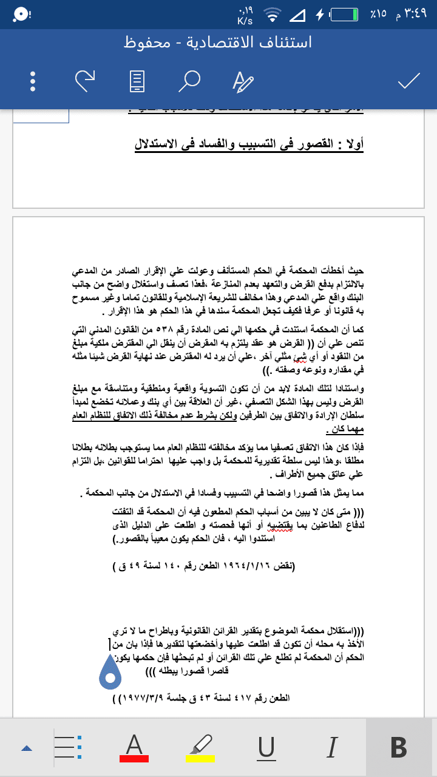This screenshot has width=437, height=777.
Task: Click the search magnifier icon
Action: pyautogui.click(x=192, y=80)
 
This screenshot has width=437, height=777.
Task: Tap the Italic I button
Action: pyautogui.click(x=331, y=747)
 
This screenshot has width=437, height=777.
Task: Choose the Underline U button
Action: pyautogui.click(x=266, y=747)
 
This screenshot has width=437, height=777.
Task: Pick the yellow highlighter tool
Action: pyautogui.click(x=200, y=747)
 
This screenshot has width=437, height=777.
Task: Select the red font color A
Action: pyautogui.click(x=134, y=747)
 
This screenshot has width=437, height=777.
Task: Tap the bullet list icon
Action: pyautogui.click(x=69, y=747)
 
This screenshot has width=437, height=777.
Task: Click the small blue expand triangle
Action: pyautogui.click(x=26, y=748)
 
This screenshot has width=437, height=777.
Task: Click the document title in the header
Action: pyautogui.click(x=218, y=42)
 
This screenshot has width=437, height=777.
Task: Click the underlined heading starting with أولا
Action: pyautogui.click(x=249, y=145)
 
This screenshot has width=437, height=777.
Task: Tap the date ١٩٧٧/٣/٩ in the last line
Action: pyautogui.click(x=145, y=698)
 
